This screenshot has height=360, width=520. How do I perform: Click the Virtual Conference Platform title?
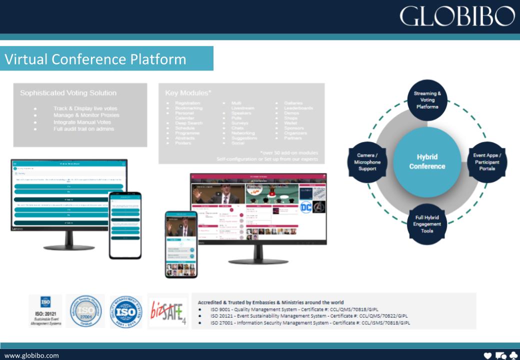(95, 59)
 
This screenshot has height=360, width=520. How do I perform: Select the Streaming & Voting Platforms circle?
(427, 100)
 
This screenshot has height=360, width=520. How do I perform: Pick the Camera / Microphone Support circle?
(367, 162)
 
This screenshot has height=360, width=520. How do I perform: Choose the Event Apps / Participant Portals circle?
(487, 162)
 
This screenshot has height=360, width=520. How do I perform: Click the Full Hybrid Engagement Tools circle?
(427, 224)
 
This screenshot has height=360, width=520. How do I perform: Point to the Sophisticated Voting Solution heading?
(68, 93)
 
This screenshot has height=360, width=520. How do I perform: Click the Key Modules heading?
(188, 93)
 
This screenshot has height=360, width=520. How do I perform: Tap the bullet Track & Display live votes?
(85, 108)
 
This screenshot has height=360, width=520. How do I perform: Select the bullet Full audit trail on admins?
(83, 129)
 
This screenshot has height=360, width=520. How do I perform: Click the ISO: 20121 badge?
(45, 310)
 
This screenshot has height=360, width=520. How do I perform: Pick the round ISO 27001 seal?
(85, 311)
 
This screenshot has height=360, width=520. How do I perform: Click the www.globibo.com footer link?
(31, 355)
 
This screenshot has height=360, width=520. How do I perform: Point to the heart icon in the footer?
(488, 355)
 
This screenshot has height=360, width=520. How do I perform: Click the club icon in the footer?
(512, 355)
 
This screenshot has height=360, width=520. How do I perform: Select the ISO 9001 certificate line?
(294, 309)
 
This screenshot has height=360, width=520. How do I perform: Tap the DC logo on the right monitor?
(306, 207)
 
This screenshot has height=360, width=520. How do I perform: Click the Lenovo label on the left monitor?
(17, 228)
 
